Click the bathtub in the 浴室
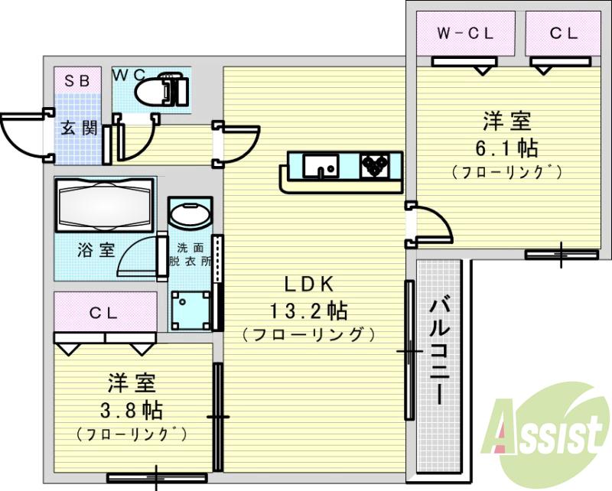104,206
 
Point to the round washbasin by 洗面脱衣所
187,213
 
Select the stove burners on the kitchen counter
376,165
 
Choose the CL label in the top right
562,34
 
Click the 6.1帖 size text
507,146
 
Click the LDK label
309,285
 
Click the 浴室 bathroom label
96,250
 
